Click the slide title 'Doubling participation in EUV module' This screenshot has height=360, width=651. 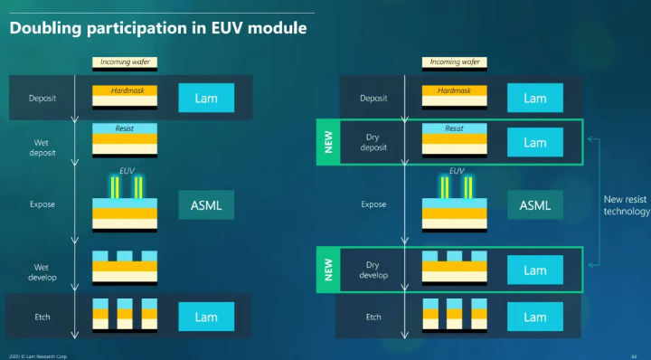157,28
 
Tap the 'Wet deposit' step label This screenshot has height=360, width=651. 42,147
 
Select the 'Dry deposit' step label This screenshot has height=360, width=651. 373,142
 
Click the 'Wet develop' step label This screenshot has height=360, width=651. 42,270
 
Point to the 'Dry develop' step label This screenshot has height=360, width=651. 373,270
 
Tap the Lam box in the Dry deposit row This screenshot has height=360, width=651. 534,143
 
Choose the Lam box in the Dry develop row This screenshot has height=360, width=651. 534,270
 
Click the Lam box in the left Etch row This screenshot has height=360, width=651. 206,317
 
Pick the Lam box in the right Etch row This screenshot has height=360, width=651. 534,317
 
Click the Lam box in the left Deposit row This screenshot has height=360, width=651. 206,98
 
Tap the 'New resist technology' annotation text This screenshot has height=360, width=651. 626,205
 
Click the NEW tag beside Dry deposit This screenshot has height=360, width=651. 328,143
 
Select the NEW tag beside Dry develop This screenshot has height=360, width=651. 328,270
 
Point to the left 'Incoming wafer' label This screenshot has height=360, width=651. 125,62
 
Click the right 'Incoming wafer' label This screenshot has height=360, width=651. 455,62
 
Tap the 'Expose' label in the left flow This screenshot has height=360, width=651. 42,204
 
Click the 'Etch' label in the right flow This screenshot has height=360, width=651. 373,317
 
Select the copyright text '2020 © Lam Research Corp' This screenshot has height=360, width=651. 34,355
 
